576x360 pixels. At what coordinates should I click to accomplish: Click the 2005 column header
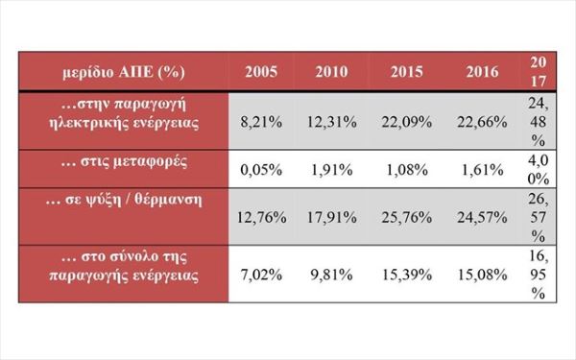[261, 71]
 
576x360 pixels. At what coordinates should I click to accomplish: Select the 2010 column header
[332, 71]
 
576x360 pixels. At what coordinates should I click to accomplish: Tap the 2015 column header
[407, 71]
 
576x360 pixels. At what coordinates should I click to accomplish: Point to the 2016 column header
[482, 71]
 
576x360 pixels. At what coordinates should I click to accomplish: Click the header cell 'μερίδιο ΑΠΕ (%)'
[124, 72]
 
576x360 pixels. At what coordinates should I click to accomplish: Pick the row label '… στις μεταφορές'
[124, 162]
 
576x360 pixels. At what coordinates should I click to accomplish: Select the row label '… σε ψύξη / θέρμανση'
[124, 201]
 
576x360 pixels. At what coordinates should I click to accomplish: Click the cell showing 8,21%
[261, 122]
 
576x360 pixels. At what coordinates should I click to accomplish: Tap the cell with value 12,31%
[332, 122]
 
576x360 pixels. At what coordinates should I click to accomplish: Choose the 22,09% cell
[407, 122]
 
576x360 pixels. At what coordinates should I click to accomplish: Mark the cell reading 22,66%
[482, 122]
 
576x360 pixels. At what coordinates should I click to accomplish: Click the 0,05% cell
[261, 170]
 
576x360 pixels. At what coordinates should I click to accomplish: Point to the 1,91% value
[332, 170]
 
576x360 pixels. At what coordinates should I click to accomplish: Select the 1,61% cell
[482, 170]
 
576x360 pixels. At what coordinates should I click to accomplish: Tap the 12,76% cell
[261, 218]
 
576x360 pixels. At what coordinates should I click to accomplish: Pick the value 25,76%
[407, 218]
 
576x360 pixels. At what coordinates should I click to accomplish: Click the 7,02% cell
[261, 275]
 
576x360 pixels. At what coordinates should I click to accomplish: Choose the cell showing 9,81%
[332, 275]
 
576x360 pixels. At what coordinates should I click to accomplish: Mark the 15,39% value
[407, 275]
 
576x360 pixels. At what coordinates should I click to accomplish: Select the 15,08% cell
[482, 275]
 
